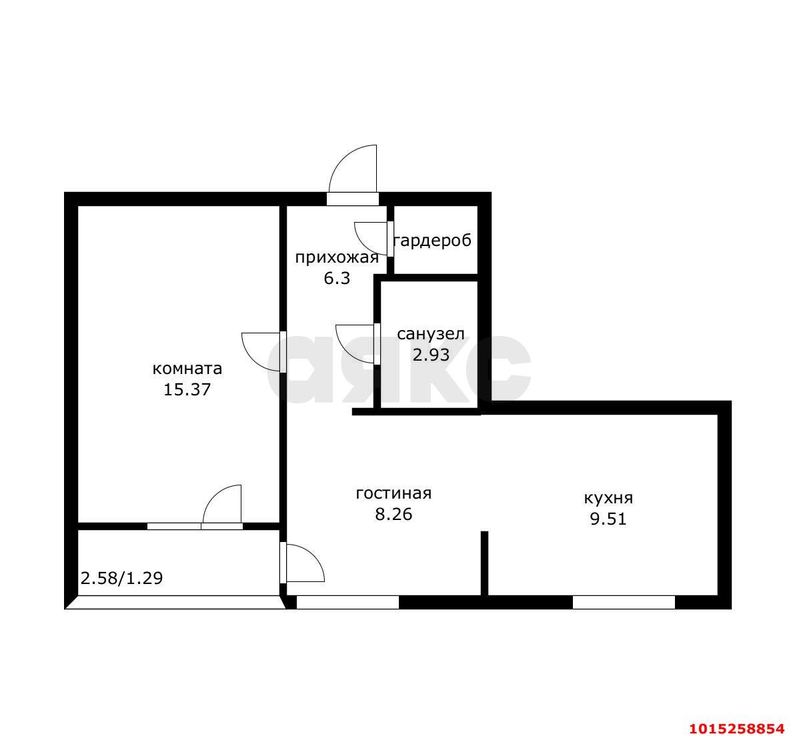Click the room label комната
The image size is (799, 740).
187,368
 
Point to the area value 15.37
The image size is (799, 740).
187,389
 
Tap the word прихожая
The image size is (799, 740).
337,258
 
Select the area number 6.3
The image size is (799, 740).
337,279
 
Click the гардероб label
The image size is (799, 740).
433,241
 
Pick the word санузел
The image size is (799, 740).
431,334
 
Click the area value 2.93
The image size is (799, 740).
431,355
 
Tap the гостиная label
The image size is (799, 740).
393,493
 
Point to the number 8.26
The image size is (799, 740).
393,515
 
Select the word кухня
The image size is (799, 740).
608,497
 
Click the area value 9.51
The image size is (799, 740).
608,519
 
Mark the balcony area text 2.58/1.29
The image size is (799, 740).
122,578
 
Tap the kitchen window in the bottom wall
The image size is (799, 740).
624,602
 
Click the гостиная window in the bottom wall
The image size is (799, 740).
347,602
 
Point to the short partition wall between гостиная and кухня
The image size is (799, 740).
485,563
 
